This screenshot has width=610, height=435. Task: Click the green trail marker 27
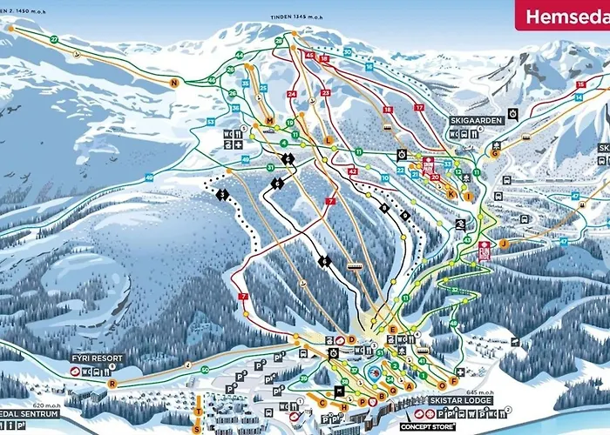pos(54,40)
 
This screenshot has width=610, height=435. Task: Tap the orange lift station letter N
pos(174,83)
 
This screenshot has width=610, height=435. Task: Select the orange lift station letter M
pos(270,121)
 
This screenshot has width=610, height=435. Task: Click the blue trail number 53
pos(210,122)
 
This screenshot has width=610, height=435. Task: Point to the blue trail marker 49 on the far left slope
pos(149,177)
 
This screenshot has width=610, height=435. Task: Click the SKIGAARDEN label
pos(472,119)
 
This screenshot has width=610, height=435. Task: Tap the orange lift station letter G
pos(494,153)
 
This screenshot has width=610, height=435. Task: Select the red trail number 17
pos(418,107)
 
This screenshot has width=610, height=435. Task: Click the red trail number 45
pos(309,55)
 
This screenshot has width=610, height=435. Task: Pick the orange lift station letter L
pos(329,139)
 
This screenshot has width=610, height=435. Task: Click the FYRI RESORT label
pos(98,358)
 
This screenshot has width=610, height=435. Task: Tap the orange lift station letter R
pos(112,383)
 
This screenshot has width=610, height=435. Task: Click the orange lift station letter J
pos(503,244)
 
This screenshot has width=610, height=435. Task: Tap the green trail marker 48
pos(453,324)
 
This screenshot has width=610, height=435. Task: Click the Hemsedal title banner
pos(562,15)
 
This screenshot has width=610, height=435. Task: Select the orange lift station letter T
pos(199,411)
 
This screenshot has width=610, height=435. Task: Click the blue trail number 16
pos(369,66)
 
